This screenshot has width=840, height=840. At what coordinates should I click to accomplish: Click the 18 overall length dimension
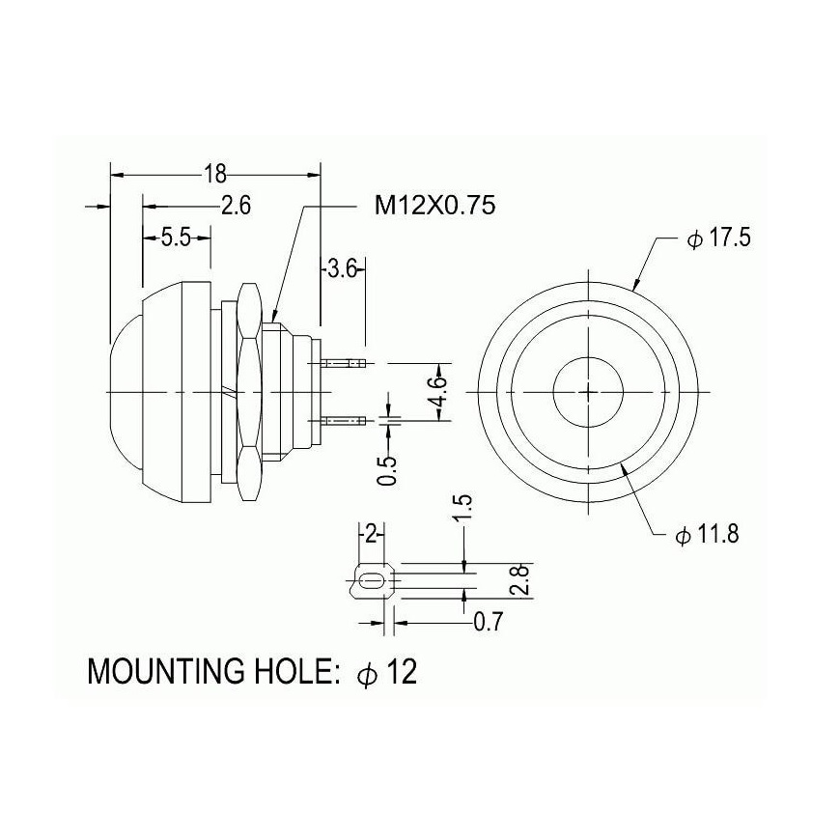pyautogui.click(x=214, y=174)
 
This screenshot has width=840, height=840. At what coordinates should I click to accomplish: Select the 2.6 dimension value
pyautogui.click(x=237, y=206)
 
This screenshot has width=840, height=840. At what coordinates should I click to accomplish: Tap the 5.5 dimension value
pyautogui.click(x=176, y=238)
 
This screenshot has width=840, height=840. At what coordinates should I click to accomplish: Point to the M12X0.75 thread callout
pyautogui.click(x=434, y=205)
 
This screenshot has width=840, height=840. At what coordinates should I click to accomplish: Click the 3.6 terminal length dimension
pyautogui.click(x=342, y=268)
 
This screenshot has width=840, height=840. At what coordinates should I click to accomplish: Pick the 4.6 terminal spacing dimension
pyautogui.click(x=438, y=392)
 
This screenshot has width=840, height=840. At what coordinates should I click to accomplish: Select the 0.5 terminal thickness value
pyautogui.click(x=387, y=470)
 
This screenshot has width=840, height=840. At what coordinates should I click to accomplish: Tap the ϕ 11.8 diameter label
pyautogui.click(x=707, y=534)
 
